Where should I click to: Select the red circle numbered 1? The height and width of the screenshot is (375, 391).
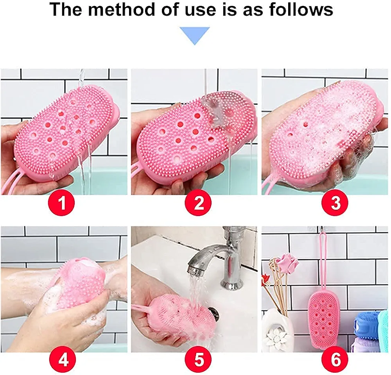pyautogui.click(x=61, y=203)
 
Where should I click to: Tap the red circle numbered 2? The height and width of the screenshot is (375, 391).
pyautogui.click(x=198, y=203)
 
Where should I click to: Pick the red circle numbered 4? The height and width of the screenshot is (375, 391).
pyautogui.click(x=63, y=360)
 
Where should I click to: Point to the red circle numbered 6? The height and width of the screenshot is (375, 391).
pyautogui.click(x=335, y=360)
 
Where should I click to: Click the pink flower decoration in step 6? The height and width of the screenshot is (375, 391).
pyautogui.click(x=289, y=264)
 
